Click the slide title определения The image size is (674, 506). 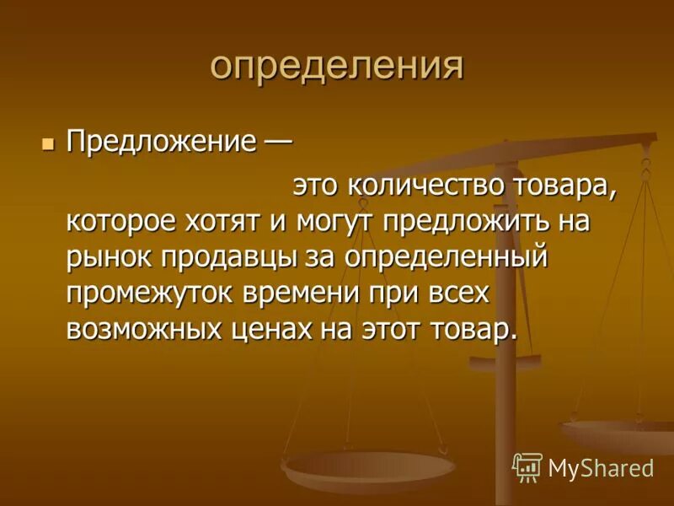coord(336,65)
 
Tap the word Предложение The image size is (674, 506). coord(161,141)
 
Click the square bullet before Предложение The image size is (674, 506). coord(47,141)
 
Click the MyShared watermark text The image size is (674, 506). coord(601,467)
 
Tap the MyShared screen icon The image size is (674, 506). coord(527,466)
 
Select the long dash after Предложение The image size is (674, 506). coord(276,141)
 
